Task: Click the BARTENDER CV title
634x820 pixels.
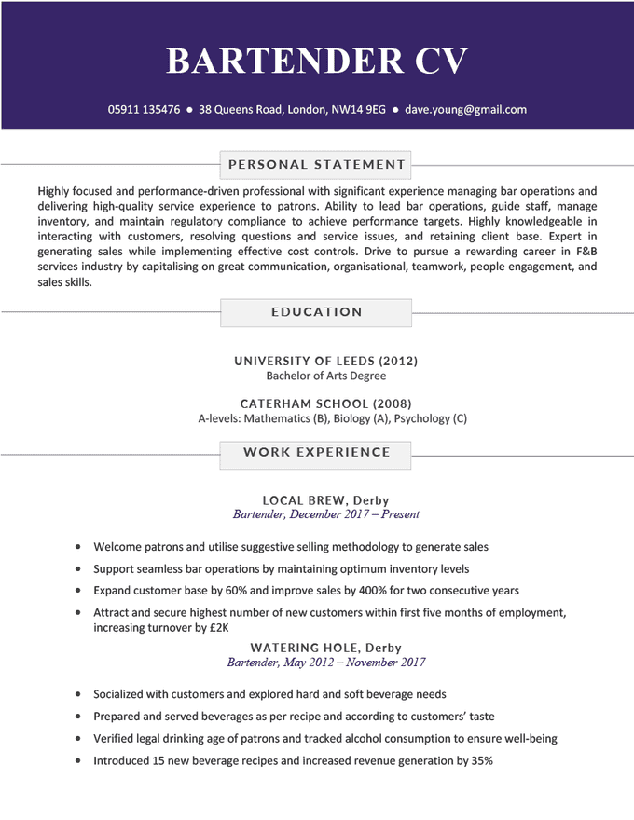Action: (317, 61)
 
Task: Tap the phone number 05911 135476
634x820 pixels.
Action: (144, 109)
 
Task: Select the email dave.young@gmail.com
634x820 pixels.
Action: (465, 109)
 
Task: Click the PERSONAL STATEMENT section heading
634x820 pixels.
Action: (317, 165)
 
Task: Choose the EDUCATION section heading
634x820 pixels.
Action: (317, 312)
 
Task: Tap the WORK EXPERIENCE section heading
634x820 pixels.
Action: (317, 452)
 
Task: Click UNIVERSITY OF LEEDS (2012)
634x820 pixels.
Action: (325, 361)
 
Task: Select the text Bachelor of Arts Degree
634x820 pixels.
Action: (325, 376)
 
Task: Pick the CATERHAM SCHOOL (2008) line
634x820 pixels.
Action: (325, 403)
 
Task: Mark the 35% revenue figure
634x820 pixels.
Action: (481, 761)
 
